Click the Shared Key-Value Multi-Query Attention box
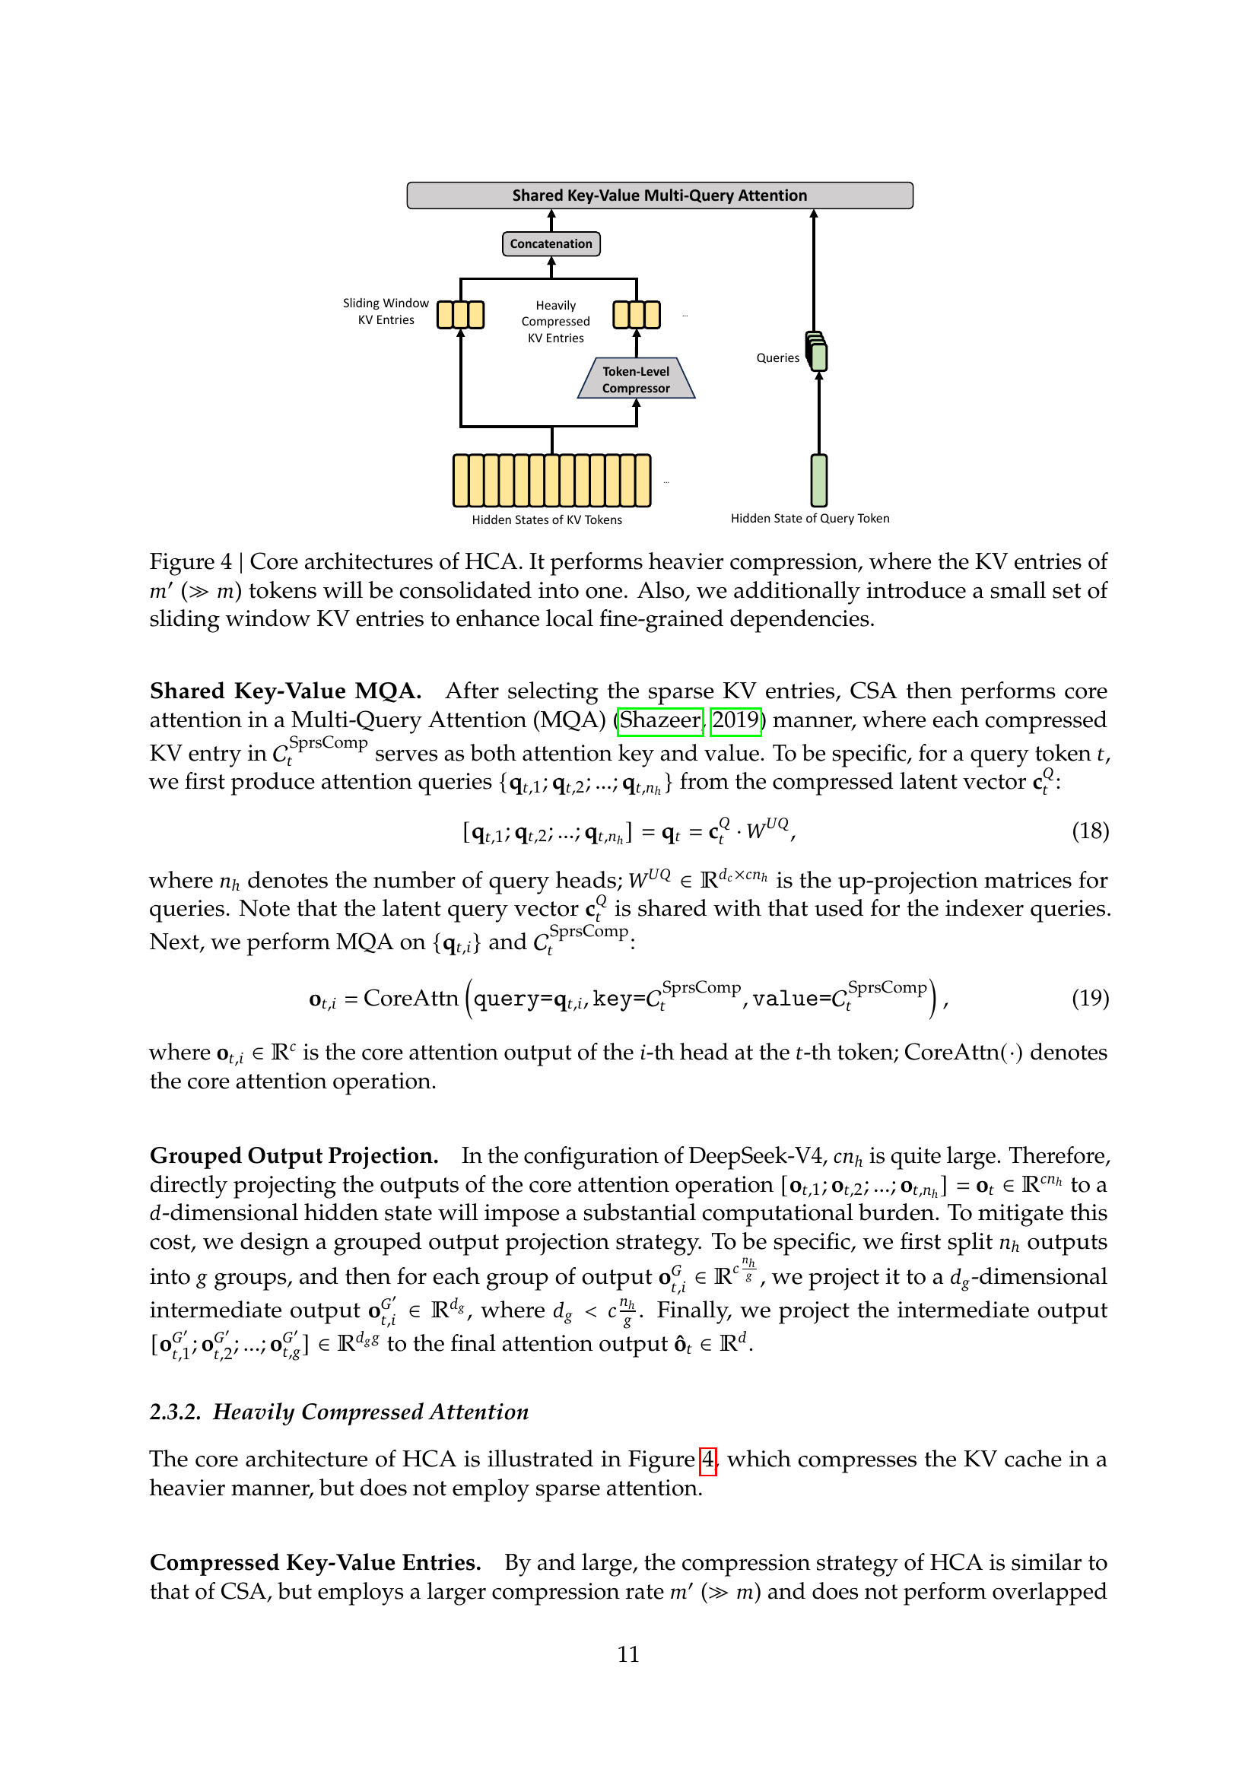(x=659, y=195)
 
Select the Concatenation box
(x=551, y=243)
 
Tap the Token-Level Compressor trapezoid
(x=636, y=380)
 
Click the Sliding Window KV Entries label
(x=386, y=312)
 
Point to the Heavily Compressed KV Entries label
(x=555, y=322)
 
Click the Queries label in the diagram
(x=778, y=358)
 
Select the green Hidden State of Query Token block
(x=819, y=481)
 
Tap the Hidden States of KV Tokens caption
(x=547, y=520)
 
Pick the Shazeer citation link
(x=660, y=720)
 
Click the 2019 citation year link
(x=735, y=720)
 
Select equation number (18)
(x=1090, y=831)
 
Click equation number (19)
(x=1090, y=998)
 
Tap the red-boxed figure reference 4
(x=708, y=1460)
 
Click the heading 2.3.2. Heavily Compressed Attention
(x=339, y=1412)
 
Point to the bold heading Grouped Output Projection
(x=294, y=1156)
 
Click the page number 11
(x=628, y=1654)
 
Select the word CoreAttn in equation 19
(x=411, y=998)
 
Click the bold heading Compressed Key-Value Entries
(x=316, y=1563)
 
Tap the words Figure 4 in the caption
(x=191, y=562)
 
